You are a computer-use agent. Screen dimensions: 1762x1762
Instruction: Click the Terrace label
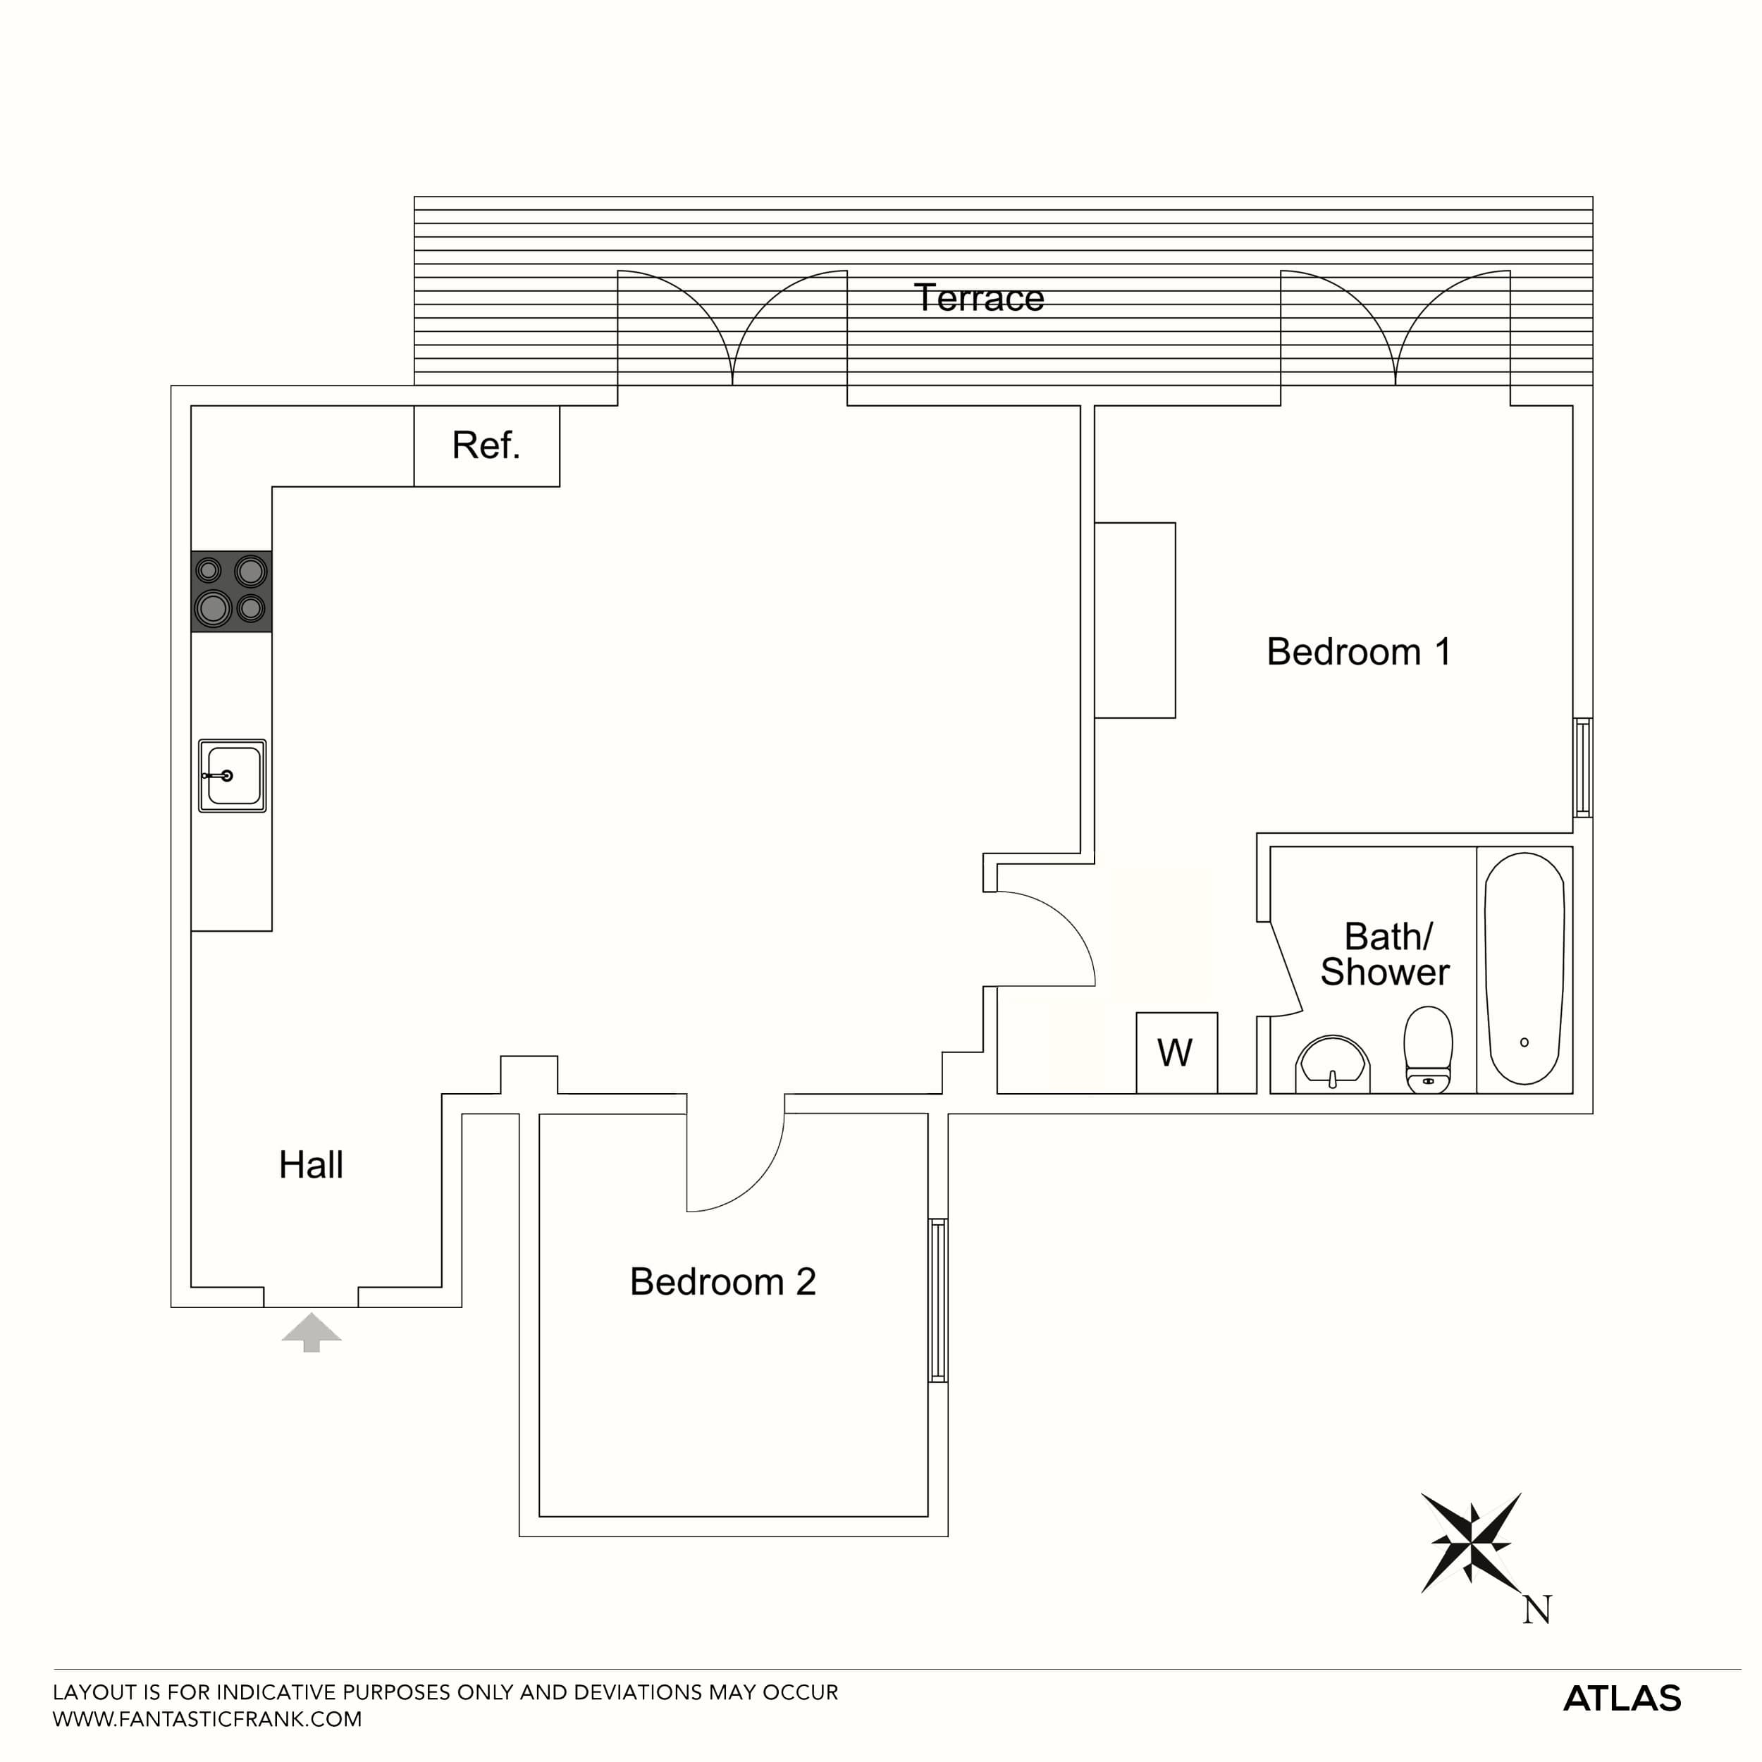[x=978, y=298]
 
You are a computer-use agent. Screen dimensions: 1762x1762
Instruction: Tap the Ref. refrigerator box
[x=486, y=446]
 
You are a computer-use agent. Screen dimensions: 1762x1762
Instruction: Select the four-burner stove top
[x=230, y=591]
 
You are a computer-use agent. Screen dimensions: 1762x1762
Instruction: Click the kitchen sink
[x=233, y=775]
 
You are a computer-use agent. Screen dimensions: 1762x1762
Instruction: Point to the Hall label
[x=311, y=1164]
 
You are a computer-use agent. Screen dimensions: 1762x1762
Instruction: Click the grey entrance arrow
[x=311, y=1331]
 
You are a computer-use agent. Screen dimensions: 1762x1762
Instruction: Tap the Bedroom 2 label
[x=722, y=1281]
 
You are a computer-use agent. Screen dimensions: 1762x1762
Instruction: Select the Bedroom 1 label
[x=1358, y=651]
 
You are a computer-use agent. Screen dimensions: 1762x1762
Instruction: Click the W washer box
[x=1176, y=1052]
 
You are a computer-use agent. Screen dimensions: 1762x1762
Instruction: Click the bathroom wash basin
[x=1333, y=1063]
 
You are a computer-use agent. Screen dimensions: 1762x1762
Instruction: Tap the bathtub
[x=1524, y=968]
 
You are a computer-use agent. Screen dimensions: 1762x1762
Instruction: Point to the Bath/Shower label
[x=1386, y=954]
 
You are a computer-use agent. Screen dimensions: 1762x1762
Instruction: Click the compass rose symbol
[x=1470, y=1543]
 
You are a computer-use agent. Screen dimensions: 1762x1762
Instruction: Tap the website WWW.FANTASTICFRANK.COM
[x=207, y=1719]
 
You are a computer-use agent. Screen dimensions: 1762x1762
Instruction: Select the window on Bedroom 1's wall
[x=1582, y=767]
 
